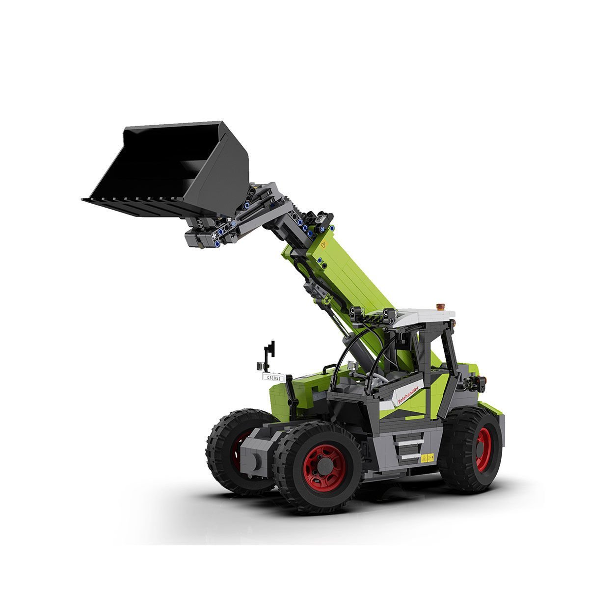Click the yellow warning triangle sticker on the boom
point(323,245)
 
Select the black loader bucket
point(171,171)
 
